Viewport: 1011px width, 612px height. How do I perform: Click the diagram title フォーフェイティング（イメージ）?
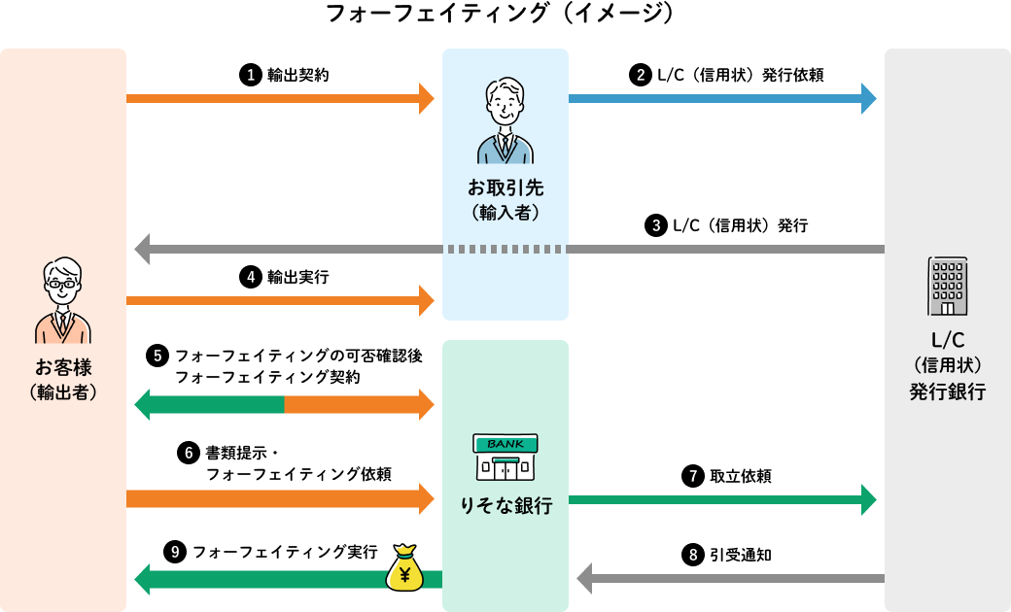pos(499,14)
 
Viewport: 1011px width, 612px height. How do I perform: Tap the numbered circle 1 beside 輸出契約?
pos(251,74)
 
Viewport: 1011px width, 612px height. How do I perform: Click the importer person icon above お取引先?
pos(505,121)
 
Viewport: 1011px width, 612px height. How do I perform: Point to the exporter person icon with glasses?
pos(63,301)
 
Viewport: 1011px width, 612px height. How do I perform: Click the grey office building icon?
pos(947,286)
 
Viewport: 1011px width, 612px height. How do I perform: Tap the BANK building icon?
pos(505,458)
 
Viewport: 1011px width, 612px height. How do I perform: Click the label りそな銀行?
pos(505,506)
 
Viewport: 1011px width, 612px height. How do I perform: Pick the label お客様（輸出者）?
pos(63,379)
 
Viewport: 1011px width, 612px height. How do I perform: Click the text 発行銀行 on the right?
pos(947,392)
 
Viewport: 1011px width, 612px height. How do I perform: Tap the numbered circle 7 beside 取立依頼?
pos(693,476)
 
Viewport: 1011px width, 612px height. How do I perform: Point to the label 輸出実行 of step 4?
pos(297,277)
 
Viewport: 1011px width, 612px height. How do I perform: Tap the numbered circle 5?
pos(157,356)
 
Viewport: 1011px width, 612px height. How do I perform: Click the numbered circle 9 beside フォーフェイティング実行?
pos(175,552)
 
